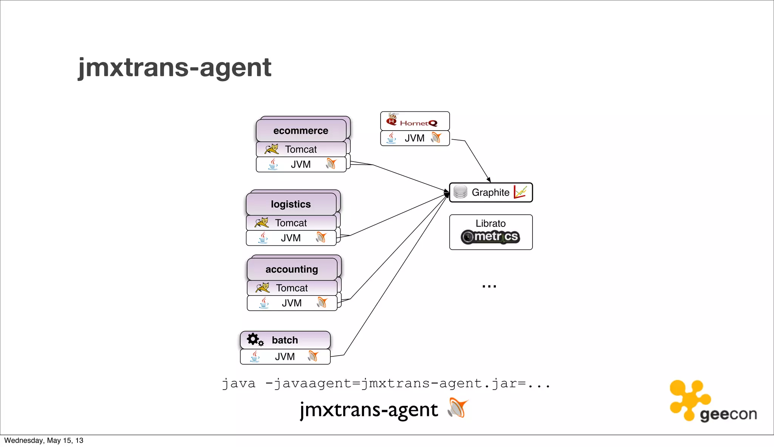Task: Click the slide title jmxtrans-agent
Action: tap(175, 68)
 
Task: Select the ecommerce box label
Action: tap(300, 131)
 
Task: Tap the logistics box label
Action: tap(291, 204)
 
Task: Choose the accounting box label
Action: tap(291, 269)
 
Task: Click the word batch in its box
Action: tap(285, 340)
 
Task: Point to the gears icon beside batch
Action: tap(255, 339)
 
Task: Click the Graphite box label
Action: tap(490, 193)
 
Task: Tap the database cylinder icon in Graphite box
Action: tap(460, 192)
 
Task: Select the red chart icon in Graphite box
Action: tap(520, 192)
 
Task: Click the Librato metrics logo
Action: tap(491, 237)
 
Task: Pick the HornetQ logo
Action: tap(412, 121)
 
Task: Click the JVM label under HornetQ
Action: tap(415, 139)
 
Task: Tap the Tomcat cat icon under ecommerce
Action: tap(271, 149)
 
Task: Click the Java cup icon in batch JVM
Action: tap(255, 356)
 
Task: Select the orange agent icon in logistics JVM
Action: tap(321, 237)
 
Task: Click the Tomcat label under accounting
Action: tap(292, 288)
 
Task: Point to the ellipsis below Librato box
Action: tap(489, 287)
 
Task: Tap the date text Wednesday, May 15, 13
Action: tap(44, 441)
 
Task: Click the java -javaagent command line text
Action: tap(385, 384)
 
